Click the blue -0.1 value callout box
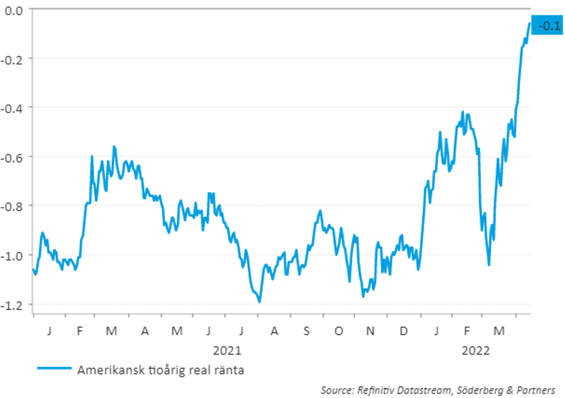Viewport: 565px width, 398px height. tap(547, 25)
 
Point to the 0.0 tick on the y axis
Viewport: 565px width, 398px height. tap(14, 11)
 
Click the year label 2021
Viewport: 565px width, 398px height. tap(227, 351)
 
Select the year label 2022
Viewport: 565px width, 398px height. tap(476, 351)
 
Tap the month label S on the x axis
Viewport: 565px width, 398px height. tap(307, 331)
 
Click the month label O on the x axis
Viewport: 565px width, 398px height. tap(339, 331)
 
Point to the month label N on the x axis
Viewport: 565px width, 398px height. tap(370, 331)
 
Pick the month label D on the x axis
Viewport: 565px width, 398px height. tap(404, 331)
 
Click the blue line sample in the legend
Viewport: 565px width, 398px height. tap(54, 368)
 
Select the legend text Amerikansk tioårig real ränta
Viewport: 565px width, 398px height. tap(161, 370)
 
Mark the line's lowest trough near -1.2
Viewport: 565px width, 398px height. tap(259, 301)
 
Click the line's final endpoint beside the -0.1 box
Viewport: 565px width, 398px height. tap(529, 23)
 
